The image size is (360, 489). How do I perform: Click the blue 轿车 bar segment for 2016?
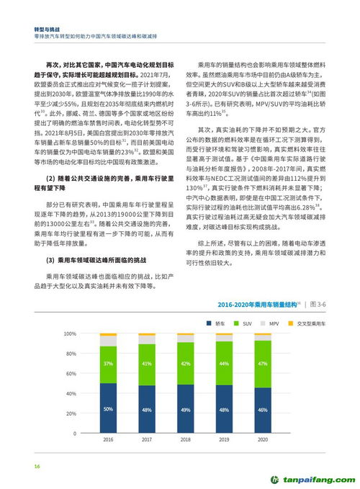click(x=108, y=408)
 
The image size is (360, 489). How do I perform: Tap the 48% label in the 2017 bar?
click(x=147, y=410)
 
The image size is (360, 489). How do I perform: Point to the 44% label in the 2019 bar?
click(x=224, y=364)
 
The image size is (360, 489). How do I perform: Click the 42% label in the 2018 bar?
click(x=185, y=364)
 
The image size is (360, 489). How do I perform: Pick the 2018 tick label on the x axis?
click(x=185, y=439)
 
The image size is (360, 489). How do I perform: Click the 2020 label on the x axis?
click(x=263, y=439)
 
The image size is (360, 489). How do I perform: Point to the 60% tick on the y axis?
click(x=71, y=374)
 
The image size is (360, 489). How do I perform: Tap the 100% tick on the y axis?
click(x=69, y=334)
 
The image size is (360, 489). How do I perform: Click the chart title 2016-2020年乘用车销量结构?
click(x=255, y=305)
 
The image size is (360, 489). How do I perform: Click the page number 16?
click(x=37, y=467)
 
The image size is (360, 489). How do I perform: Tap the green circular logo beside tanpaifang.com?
click(x=274, y=477)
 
